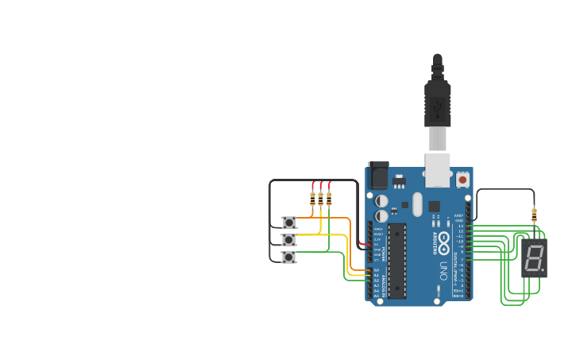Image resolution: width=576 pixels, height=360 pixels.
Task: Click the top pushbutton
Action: (289, 223)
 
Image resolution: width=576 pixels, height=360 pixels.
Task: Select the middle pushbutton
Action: (289, 239)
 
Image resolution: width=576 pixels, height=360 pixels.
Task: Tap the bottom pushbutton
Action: (289, 257)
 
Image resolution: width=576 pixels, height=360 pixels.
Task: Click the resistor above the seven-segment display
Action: (534, 214)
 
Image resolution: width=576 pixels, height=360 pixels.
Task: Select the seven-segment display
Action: (534, 257)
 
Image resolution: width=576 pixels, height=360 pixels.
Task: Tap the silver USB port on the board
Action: (438, 169)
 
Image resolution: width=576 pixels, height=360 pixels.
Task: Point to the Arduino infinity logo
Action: (443, 238)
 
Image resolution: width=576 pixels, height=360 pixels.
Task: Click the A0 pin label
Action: (376, 270)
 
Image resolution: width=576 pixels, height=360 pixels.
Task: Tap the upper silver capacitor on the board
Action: (382, 201)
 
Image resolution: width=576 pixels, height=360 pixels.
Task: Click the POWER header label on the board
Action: (384, 254)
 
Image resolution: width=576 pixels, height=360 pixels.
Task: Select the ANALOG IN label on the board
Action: (384, 282)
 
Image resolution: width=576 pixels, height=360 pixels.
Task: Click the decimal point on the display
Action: (543, 269)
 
